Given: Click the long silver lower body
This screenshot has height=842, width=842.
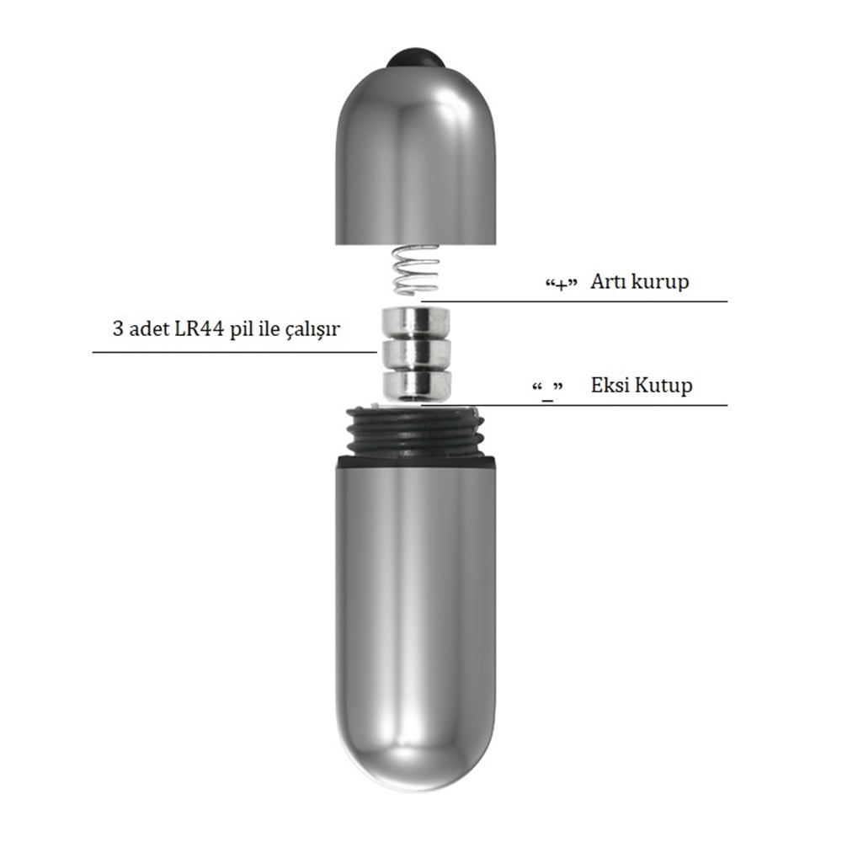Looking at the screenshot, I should coord(415,623).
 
